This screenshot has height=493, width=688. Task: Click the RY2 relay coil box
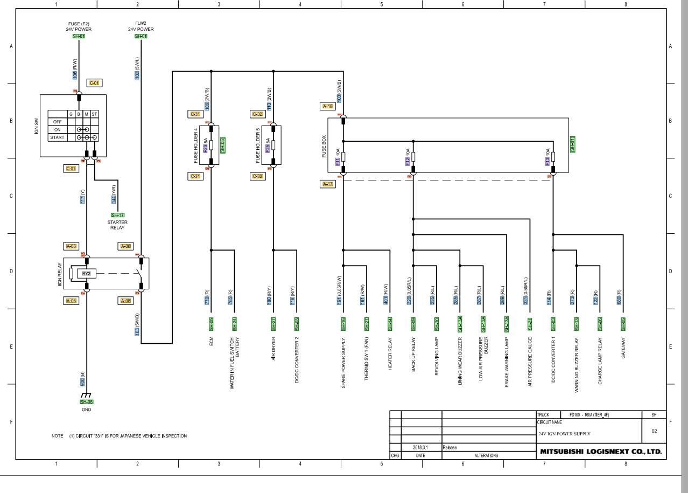click(x=86, y=273)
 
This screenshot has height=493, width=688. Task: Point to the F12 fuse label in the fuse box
click(x=408, y=161)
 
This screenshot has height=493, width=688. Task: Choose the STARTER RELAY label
click(x=117, y=225)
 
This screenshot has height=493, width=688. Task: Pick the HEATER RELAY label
click(x=390, y=354)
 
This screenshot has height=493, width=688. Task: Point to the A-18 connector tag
click(x=328, y=107)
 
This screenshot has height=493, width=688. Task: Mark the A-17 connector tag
click(x=328, y=184)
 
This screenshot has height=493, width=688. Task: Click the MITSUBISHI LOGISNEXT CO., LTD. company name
click(x=600, y=452)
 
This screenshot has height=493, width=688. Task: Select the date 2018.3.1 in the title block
click(x=421, y=447)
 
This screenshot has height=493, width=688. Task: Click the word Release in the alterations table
click(x=450, y=447)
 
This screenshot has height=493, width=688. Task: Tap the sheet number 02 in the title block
click(x=654, y=431)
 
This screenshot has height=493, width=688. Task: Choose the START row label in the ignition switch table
click(x=58, y=137)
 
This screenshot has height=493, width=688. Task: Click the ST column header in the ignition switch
click(x=94, y=114)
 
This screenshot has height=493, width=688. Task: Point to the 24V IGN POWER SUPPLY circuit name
click(x=564, y=434)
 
